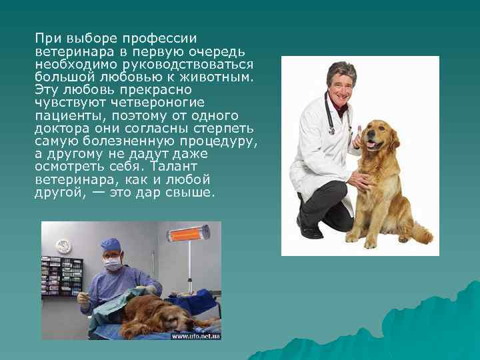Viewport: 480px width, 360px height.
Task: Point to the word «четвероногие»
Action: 160,103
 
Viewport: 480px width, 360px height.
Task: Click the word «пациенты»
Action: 65,115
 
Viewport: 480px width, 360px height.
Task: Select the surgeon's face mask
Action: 113,265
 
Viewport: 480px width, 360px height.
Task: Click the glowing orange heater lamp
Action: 187,233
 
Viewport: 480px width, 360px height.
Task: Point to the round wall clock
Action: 63,246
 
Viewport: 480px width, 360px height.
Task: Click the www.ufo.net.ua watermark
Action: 195,336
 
